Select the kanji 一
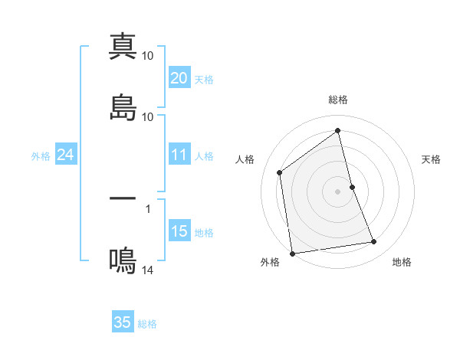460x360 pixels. [123, 198]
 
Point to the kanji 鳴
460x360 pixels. [123, 260]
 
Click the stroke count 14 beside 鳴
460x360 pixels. [149, 270]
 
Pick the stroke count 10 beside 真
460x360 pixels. [149, 56]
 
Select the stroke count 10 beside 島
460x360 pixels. [149, 117]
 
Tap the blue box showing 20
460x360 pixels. [179, 78]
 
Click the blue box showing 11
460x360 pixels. [179, 155]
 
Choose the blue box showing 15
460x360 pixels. [179, 231]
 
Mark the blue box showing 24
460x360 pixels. [65, 155]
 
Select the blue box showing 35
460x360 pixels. [123, 322]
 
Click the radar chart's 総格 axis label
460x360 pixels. [338, 100]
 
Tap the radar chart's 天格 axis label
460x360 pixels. [431, 159]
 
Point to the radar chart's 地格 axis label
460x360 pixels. [402, 262]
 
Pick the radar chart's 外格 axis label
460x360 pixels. [270, 262]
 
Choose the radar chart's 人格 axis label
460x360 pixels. [245, 159]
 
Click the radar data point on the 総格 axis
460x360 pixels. [338, 130]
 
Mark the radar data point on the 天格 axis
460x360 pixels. [352, 187]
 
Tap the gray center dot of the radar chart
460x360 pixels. [338, 191]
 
